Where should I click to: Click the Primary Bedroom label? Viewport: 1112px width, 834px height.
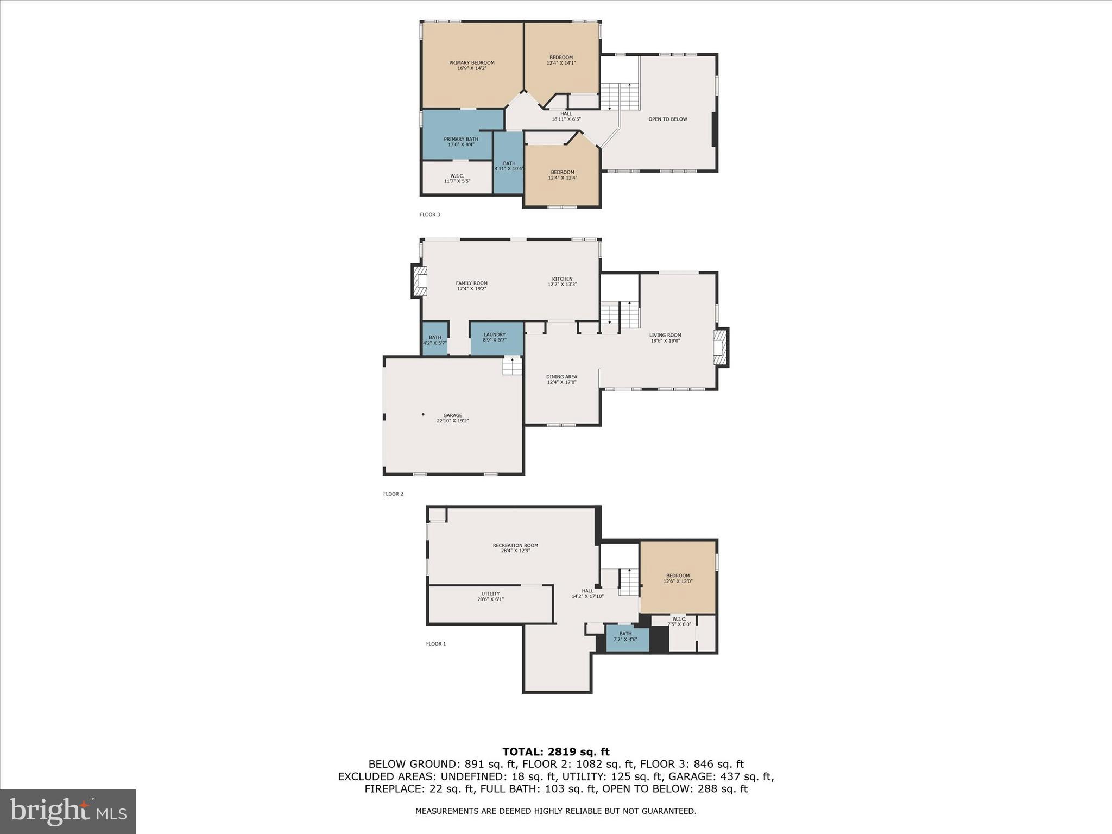coord(471,62)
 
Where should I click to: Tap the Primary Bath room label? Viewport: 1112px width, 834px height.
coord(461,139)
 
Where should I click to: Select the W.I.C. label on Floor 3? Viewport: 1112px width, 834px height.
coord(457,175)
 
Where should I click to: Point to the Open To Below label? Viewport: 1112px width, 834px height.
coord(667,119)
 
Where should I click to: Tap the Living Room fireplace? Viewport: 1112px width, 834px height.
coord(720,347)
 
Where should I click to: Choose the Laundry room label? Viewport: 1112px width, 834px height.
coord(494,334)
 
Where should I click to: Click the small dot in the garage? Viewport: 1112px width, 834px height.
coord(423,414)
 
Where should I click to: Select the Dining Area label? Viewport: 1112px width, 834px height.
coord(561,376)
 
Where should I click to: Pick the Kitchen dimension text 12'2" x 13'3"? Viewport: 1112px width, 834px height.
coord(562,285)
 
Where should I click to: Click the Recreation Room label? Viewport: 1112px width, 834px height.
coord(515,545)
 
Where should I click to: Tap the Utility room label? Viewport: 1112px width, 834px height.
coord(490,593)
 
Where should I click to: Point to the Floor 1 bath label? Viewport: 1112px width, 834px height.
coord(625,634)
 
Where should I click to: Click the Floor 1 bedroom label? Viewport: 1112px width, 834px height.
coord(678,576)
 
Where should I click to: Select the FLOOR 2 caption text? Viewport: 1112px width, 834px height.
coord(393,494)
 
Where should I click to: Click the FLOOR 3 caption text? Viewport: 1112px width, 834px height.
coord(429,214)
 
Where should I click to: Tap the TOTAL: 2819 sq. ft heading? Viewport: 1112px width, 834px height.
coord(555,752)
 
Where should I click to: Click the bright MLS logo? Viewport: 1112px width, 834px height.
coord(68,812)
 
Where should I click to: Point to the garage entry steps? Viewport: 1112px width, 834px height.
coord(511,367)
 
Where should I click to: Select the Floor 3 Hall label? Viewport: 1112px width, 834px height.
coord(566,113)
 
